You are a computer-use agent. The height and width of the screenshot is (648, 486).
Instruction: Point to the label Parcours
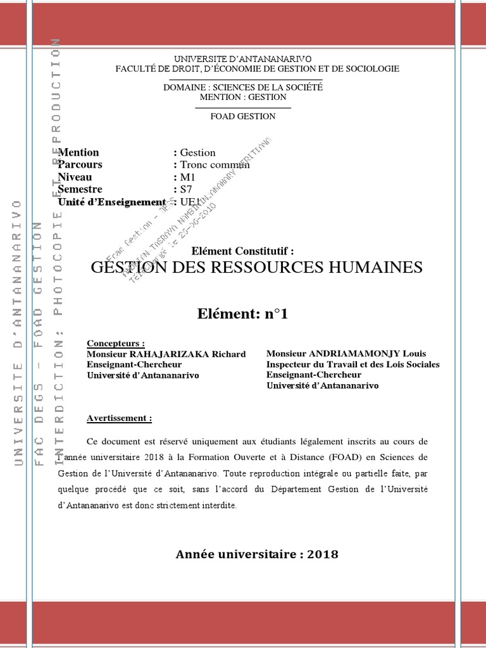tap(80, 165)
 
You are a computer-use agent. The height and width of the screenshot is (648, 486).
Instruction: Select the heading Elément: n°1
tap(243, 313)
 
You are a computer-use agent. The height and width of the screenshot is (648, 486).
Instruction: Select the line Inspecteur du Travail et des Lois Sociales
tap(352, 364)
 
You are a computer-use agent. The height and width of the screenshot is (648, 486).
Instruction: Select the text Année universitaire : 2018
tap(257, 554)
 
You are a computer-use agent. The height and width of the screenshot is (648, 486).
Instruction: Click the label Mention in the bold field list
tap(78, 153)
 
